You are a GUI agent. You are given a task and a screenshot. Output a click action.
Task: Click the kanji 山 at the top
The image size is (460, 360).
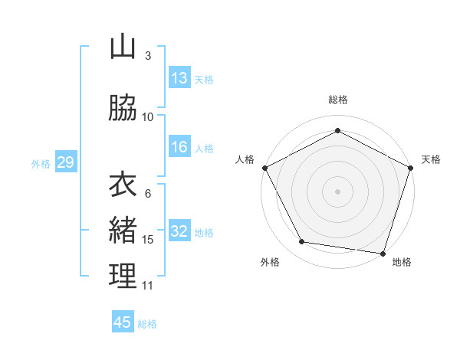[x=123, y=47]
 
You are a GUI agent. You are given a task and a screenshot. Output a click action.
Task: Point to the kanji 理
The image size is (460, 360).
[x=123, y=276]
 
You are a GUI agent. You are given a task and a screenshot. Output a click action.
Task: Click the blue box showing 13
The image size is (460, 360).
[x=179, y=77]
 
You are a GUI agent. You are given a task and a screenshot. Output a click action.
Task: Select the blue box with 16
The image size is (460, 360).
[x=179, y=147]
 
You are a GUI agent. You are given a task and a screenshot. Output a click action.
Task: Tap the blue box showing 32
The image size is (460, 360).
[x=179, y=232]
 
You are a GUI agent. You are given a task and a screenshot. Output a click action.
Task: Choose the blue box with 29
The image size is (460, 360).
[x=65, y=162]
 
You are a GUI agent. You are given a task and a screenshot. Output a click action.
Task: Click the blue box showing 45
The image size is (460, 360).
[x=123, y=322]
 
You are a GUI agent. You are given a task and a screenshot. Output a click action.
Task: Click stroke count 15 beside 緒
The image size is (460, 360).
[x=148, y=240]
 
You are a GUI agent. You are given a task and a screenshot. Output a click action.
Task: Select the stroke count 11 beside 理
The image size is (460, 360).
[x=148, y=286]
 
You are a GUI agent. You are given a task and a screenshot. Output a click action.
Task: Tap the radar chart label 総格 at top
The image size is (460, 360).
[x=338, y=100]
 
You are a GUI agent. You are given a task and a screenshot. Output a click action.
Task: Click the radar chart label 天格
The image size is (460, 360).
[x=431, y=159]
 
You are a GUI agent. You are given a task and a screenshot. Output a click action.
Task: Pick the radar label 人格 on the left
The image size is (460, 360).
[x=245, y=159]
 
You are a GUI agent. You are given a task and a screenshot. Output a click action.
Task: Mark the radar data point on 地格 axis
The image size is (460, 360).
[x=384, y=253]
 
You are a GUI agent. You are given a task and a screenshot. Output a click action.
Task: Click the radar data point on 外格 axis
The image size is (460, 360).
[x=302, y=242]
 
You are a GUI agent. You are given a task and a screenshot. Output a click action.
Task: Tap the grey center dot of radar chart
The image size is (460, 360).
[x=338, y=191]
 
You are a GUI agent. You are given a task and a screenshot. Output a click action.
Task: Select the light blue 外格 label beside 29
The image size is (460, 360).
[x=41, y=163]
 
